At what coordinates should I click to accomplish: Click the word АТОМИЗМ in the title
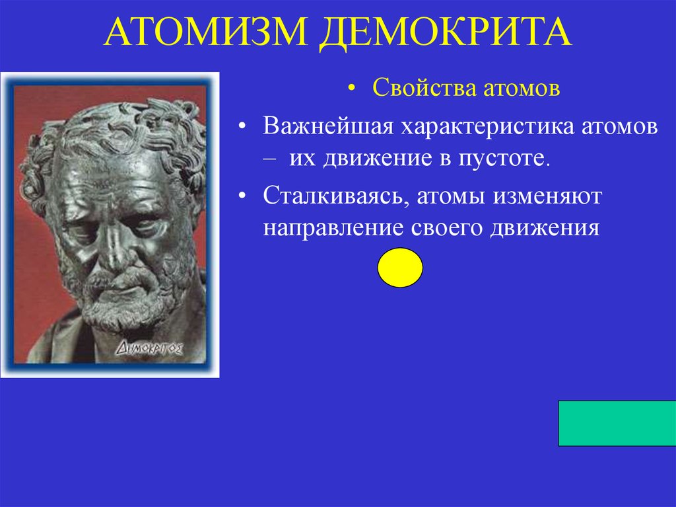point(207,33)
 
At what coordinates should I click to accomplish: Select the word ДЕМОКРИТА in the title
point(446,33)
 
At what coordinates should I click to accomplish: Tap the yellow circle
point(400,267)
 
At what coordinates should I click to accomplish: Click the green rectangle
point(617,423)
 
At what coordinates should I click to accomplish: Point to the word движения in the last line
point(544,228)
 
